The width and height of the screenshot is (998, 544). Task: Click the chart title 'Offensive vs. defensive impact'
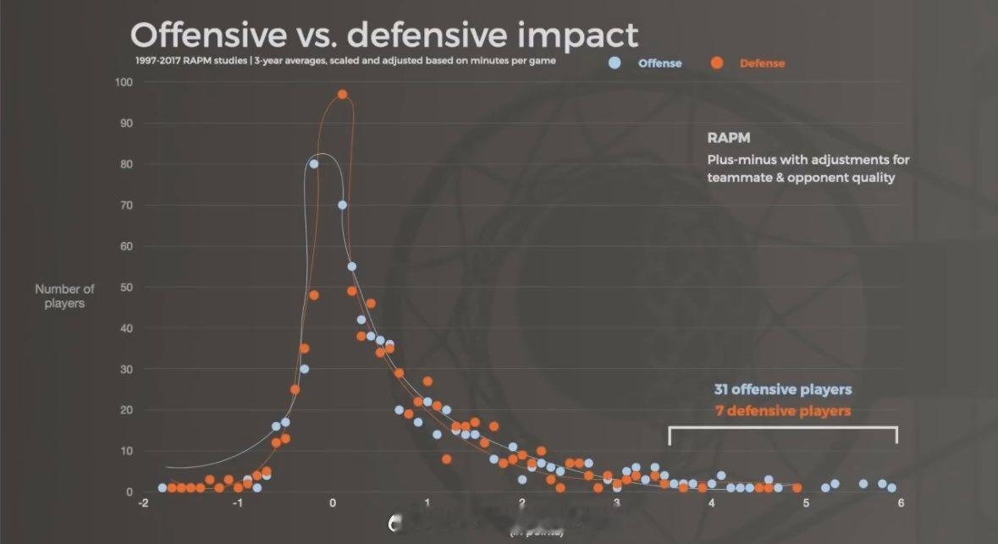pos(383,35)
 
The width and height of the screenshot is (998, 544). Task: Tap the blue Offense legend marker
pos(615,63)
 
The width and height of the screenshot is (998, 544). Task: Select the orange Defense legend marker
pos(717,63)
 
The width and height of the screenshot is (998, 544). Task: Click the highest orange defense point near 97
pos(342,95)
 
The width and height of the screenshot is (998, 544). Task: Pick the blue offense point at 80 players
pos(313,164)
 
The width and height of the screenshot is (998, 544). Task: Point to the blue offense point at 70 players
pos(342,205)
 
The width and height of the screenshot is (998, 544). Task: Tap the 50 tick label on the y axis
pos(125,288)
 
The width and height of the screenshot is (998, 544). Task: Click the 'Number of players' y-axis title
pos(64,296)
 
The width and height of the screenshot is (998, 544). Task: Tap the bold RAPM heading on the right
pos(728,138)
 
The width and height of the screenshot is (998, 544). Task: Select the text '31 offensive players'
pos(783,389)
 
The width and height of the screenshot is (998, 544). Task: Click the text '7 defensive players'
pos(783,411)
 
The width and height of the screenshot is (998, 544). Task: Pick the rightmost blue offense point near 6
pos(891,488)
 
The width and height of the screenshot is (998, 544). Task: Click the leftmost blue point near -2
pos(163,488)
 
